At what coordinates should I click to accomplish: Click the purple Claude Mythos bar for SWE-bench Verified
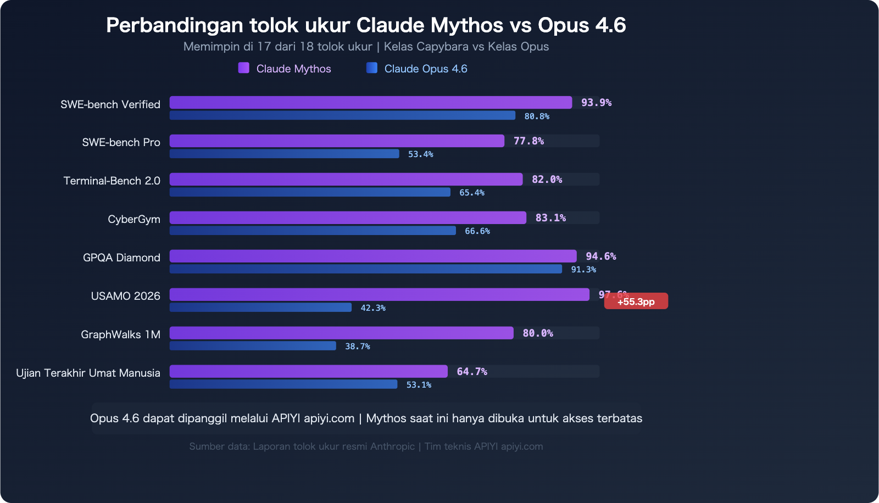pyautogui.click(x=371, y=103)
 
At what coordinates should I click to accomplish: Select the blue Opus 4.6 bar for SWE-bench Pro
pyautogui.click(x=284, y=154)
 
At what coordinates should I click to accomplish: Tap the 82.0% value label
pyautogui.click(x=547, y=180)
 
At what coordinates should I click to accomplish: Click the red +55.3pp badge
pyautogui.click(x=636, y=301)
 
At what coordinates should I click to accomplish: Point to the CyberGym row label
pyautogui.click(x=133, y=219)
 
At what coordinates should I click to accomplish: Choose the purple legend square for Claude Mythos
pyautogui.click(x=243, y=68)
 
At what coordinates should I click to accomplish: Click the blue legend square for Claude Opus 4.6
pyautogui.click(x=372, y=68)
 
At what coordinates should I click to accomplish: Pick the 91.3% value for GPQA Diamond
pyautogui.click(x=583, y=270)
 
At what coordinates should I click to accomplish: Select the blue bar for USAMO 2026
pyautogui.click(x=260, y=308)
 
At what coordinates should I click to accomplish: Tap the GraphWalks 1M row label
pyautogui.click(x=120, y=334)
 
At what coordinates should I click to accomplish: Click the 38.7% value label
pyautogui.click(x=357, y=346)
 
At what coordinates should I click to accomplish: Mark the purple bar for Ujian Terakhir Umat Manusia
pyautogui.click(x=308, y=372)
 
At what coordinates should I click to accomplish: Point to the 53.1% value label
pyautogui.click(x=419, y=385)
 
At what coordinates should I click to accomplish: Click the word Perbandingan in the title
pyautogui.click(x=174, y=25)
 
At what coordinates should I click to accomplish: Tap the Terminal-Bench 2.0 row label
pyautogui.click(x=112, y=181)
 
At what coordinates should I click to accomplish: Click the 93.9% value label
pyautogui.click(x=596, y=103)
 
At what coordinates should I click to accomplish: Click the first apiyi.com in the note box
pyautogui.click(x=329, y=418)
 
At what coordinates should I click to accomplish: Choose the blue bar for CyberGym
pyautogui.click(x=313, y=231)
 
